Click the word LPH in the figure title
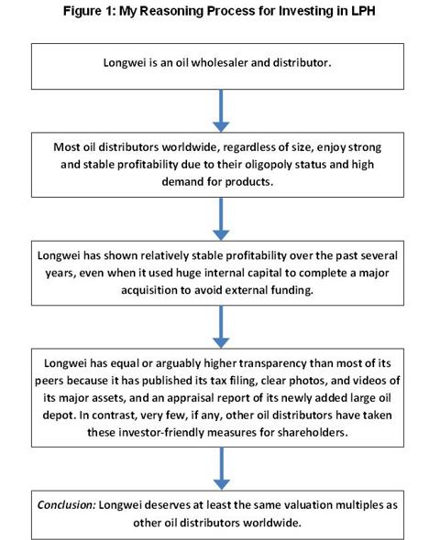click(x=363, y=11)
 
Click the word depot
click(x=59, y=416)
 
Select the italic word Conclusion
click(x=66, y=505)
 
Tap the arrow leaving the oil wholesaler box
click(x=221, y=111)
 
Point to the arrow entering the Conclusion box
click(x=222, y=469)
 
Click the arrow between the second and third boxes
click(x=221, y=219)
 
